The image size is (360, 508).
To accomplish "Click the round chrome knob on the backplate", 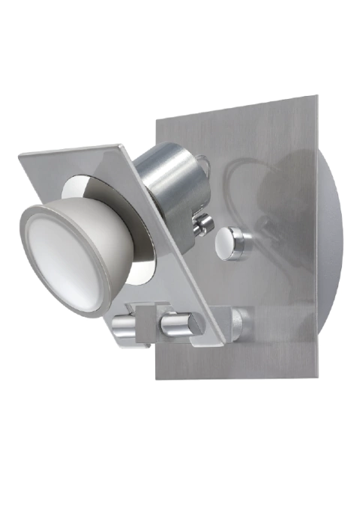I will [x=233, y=244].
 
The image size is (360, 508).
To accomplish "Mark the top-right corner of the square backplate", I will [x=316, y=97].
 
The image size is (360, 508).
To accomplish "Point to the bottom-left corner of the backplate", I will [x=157, y=378].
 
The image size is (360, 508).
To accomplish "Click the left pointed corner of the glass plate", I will [x=20, y=157].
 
